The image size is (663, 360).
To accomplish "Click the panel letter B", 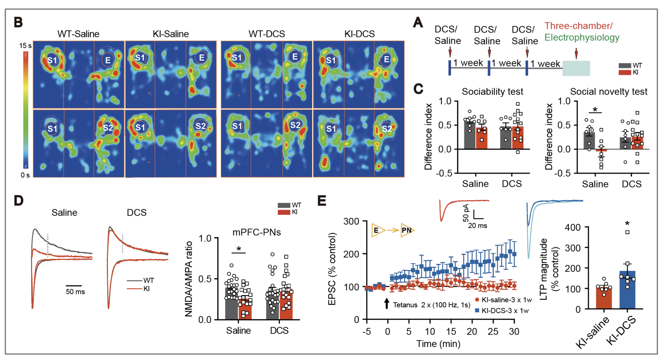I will coord(18,23).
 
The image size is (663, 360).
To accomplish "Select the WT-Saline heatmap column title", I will coord(78,34).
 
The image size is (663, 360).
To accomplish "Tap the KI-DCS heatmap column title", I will coord(359,34).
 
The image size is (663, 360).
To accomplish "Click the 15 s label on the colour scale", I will coord(25,46).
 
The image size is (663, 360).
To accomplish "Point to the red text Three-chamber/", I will coord(578,26).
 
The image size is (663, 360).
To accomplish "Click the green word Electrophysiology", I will coord(582,38).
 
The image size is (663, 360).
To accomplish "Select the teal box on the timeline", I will coord(576,68).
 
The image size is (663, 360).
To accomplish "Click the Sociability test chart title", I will coord(492,91).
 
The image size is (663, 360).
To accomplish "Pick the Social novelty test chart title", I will coord(608,91).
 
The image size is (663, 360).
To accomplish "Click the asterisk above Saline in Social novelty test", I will coord(595,110).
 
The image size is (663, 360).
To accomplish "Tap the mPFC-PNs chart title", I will coord(256,232).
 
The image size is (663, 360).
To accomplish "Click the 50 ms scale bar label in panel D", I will coord(75,292).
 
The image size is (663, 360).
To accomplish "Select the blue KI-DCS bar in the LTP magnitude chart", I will coord(627,290).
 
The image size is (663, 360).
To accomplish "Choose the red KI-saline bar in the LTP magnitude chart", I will coord(603,298).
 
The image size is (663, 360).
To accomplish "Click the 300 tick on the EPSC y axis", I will coord(351,222).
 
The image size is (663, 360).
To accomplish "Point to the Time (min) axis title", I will coord(438,344).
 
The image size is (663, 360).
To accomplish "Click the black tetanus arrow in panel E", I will coord(387,303).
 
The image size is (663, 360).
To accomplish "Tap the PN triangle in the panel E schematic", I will coord(407,230).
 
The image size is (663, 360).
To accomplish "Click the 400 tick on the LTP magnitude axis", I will coord(572,227).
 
